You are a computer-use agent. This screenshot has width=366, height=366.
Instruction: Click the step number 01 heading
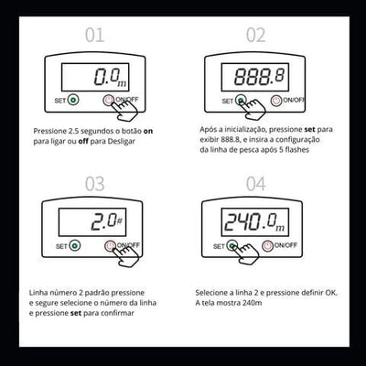(94, 35)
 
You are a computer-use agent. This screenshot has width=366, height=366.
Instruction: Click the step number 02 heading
(255, 35)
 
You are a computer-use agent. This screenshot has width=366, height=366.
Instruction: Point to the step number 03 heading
(94, 184)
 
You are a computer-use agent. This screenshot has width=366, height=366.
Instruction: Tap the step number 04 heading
(255, 184)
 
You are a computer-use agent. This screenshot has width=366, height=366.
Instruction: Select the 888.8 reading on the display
(259, 76)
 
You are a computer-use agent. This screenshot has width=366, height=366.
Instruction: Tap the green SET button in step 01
(73, 100)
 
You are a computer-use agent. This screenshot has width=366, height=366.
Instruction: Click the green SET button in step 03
(75, 245)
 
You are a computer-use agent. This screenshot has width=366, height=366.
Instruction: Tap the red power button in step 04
(267, 245)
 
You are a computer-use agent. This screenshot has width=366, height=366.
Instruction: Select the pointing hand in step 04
(246, 254)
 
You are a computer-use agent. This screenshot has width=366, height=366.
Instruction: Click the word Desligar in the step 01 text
(122, 142)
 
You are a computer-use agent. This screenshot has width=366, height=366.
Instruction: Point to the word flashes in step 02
(296, 150)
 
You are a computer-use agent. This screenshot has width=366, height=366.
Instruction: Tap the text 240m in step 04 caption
(253, 303)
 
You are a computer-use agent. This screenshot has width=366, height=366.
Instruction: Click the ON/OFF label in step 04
(285, 245)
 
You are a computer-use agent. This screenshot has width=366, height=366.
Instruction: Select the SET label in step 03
(61, 246)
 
